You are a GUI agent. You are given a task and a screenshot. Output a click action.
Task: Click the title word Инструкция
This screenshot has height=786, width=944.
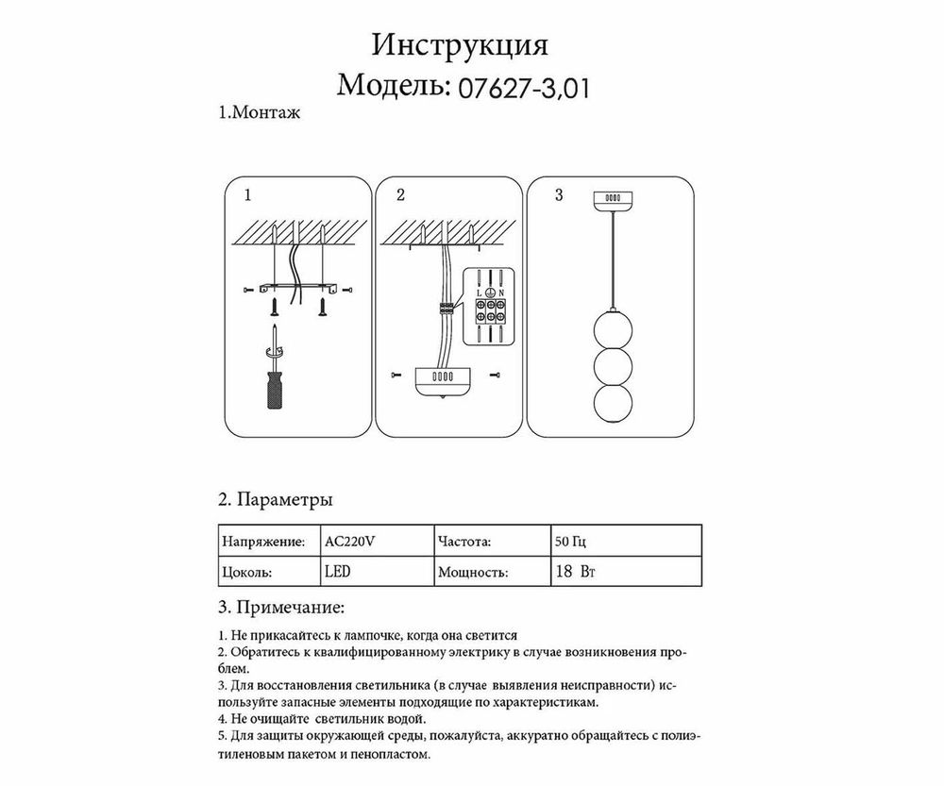pos(461,46)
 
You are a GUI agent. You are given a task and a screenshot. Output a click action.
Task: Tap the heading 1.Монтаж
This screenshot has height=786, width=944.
pos(259,114)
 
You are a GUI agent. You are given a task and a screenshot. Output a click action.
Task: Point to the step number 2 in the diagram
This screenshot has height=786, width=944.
pos(400,196)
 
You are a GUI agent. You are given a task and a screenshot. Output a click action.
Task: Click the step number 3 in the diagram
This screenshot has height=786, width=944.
pos(559,196)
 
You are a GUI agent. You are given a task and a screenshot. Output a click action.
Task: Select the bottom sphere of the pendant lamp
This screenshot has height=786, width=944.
pos(611,410)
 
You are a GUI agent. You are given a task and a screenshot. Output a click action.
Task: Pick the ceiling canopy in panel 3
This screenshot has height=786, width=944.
pos(611,199)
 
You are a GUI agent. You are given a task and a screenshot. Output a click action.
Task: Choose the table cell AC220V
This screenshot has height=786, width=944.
pos(350,543)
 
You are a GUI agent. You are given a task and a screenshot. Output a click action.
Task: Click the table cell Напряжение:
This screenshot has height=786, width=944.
pos(262,543)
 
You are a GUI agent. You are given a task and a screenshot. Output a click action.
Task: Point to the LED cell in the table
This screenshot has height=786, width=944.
pos(337,572)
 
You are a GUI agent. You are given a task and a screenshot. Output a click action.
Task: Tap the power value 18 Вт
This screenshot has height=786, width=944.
pos(578,572)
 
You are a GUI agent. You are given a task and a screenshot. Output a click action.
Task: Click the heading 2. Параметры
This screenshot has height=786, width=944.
pos(274,498)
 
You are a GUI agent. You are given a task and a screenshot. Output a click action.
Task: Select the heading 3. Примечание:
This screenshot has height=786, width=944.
pos(281,605)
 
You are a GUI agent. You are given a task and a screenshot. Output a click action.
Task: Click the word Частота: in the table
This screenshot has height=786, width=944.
pos(464,543)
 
